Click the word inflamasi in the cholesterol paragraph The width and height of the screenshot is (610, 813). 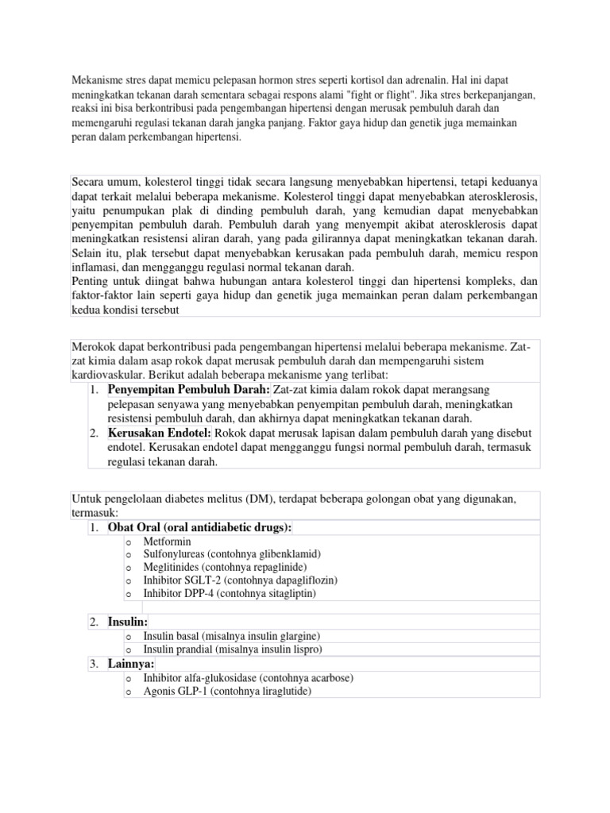[94, 268]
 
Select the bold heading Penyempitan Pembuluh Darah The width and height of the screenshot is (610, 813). [189, 390]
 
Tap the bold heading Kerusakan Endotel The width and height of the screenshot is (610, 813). [160, 433]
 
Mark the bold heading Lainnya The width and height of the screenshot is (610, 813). [131, 664]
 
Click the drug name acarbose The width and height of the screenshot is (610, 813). [327, 678]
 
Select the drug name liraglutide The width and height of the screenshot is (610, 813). [281, 692]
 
